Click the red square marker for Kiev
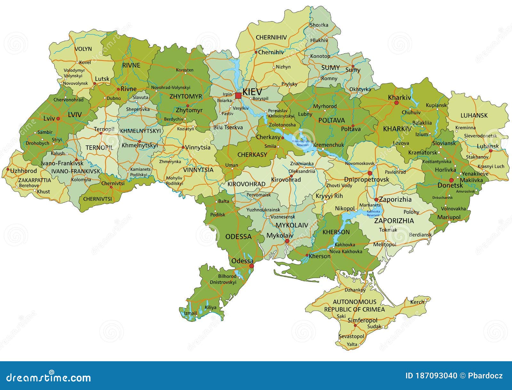click(238, 95)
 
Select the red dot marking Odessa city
click(252, 266)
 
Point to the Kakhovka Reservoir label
click(373, 213)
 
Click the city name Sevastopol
click(351, 336)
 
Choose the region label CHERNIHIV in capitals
click(271, 37)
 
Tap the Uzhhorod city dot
click(8, 169)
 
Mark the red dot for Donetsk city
click(452, 180)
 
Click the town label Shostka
click(319, 25)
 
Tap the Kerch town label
click(417, 302)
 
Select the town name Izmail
click(190, 313)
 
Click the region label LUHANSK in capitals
click(474, 115)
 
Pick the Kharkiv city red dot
click(396, 103)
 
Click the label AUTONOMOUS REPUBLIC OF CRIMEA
click(355, 306)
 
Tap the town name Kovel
click(85, 62)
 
